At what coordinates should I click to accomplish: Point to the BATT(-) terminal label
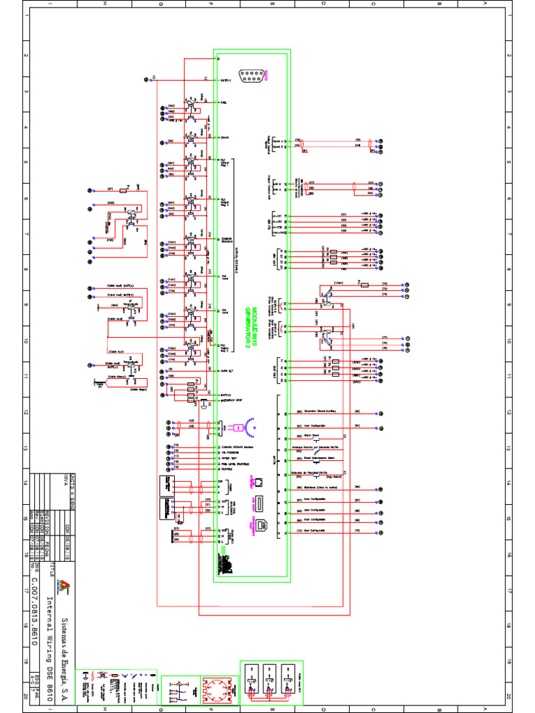[x=226, y=81]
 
